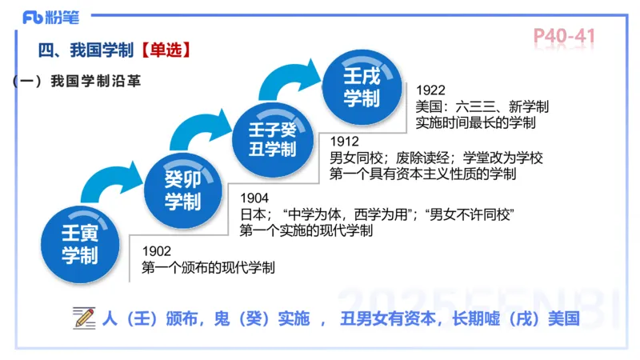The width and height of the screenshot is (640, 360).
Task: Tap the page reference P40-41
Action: (x=564, y=38)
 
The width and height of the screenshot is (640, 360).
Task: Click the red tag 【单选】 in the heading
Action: (x=164, y=50)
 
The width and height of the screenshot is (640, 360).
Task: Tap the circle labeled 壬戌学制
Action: (x=361, y=86)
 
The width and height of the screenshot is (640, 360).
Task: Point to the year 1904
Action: (x=255, y=198)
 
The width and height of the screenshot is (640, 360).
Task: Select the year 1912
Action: (x=345, y=142)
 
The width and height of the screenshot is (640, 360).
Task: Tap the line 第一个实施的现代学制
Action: (x=306, y=231)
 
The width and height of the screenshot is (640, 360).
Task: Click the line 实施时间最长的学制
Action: (x=476, y=123)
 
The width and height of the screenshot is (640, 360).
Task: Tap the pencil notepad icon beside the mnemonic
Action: (x=83, y=318)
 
